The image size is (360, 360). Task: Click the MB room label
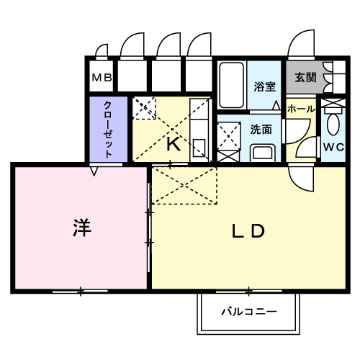pyautogui.click(x=102, y=78)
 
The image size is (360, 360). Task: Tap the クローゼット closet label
pyautogui.click(x=108, y=130)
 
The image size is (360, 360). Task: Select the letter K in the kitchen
pyautogui.click(x=174, y=144)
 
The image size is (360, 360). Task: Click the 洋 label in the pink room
pyautogui.click(x=82, y=228)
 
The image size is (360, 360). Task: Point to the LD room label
pyautogui.click(x=248, y=231)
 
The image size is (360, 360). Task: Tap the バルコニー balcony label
pyautogui.click(x=249, y=312)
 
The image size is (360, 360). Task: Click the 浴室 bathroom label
pyautogui.click(x=265, y=86)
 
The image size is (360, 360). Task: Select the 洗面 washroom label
pyautogui.click(x=261, y=130)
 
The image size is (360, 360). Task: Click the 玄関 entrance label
pyautogui.click(x=305, y=77)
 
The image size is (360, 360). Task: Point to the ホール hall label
pyautogui.click(x=301, y=109)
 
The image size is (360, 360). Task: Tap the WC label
pyautogui.click(x=334, y=147)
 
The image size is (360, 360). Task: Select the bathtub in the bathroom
pyautogui.click(x=232, y=85)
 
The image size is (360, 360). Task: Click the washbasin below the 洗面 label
pyautogui.click(x=263, y=153)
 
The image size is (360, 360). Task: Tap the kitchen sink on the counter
pyautogui.click(x=199, y=148)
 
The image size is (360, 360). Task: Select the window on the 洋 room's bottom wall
pyautogui.click(x=80, y=292)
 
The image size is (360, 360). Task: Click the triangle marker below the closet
pyautogui.click(x=94, y=171)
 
